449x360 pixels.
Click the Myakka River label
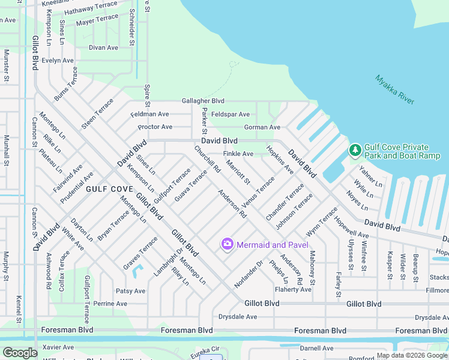(x=396, y=89)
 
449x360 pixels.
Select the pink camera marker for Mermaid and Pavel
(x=228, y=244)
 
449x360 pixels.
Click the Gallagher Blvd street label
(x=203, y=101)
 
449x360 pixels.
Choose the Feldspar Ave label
(x=231, y=114)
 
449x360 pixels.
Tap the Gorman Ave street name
(x=262, y=127)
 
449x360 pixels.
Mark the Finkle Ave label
(x=238, y=154)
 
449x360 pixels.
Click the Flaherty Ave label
(x=293, y=289)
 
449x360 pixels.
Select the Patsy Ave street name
(x=131, y=291)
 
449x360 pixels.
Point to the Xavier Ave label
(x=58, y=347)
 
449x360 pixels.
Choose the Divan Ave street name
(x=103, y=47)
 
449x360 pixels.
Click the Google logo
(x=20, y=353)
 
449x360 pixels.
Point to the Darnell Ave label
(x=316, y=348)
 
